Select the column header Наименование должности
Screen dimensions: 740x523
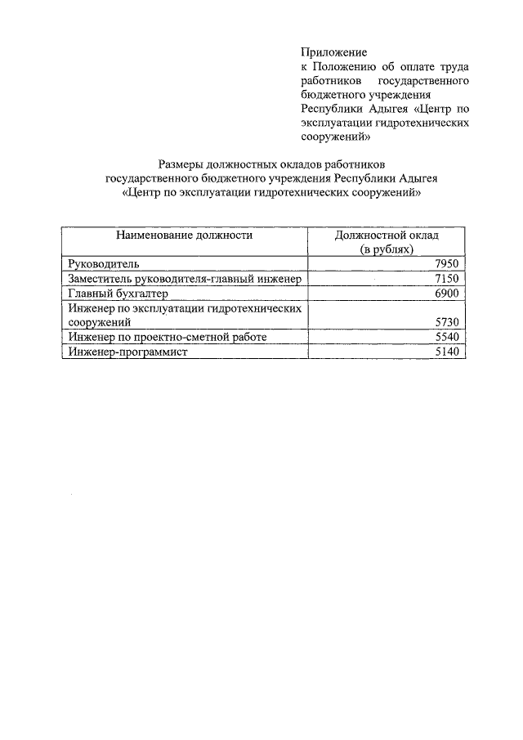184,235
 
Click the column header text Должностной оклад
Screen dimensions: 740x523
387,235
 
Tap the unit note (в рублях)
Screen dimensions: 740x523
387,249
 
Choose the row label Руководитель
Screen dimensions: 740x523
104,263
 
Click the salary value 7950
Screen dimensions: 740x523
449,263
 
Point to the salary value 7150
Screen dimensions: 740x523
449,279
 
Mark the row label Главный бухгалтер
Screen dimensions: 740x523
118,294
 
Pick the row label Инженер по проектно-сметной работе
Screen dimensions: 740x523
168,337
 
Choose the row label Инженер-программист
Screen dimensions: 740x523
128,352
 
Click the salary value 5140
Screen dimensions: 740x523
449,352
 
